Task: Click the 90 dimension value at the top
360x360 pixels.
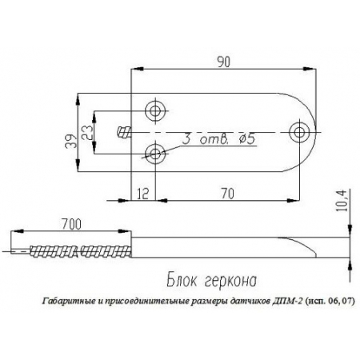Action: point(222,60)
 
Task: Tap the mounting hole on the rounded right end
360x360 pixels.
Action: point(301,131)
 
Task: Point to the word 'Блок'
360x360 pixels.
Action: point(186,281)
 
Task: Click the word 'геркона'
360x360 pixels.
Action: point(233,282)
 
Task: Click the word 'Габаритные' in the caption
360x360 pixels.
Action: point(66,302)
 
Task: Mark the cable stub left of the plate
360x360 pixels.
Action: point(124,131)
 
